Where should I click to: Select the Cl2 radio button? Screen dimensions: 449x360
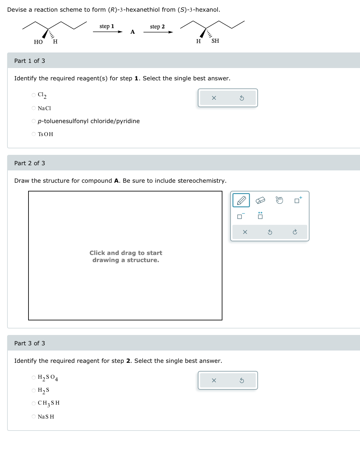tap(34, 95)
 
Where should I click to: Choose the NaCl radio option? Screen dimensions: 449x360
tap(34, 108)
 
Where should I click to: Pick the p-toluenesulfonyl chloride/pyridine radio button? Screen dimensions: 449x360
tap(34, 121)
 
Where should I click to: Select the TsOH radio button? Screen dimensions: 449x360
tap(34, 134)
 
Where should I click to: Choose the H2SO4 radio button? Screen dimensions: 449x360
tap(34, 377)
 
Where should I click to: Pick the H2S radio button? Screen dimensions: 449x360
tap(34, 390)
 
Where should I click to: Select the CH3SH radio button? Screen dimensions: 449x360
tap(34, 403)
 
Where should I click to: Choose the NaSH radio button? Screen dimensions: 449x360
tap(34, 416)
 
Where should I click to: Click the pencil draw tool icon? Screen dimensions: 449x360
tap(241, 201)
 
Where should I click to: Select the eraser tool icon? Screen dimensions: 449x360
tap(260, 201)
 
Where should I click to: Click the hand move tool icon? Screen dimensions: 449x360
tap(279, 201)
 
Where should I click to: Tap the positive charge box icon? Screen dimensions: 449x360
tap(298, 200)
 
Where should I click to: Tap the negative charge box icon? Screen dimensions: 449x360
tap(241, 216)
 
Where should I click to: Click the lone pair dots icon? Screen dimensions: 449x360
tap(260, 216)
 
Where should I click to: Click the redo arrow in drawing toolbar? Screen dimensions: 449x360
tap(295, 232)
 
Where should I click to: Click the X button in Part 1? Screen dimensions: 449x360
tap(214, 98)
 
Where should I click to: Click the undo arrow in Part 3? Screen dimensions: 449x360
tap(242, 380)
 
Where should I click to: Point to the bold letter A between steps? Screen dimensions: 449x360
tap(132, 32)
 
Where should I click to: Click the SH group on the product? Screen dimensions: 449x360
tap(215, 41)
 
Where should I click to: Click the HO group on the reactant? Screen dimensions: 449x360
tap(38, 42)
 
